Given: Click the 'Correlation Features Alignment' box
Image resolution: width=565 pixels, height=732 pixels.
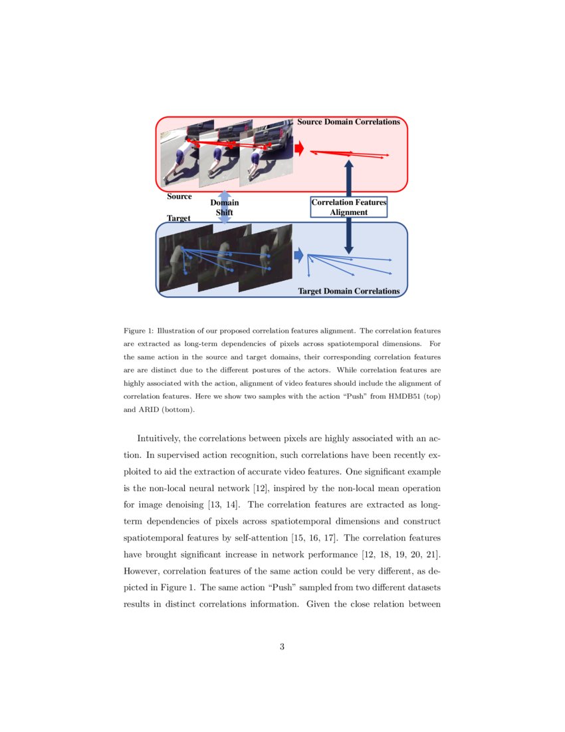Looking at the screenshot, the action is tap(349, 207).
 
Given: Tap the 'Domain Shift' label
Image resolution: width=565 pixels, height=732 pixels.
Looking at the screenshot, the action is tap(225, 207).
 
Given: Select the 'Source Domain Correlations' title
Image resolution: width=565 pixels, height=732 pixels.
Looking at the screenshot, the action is tap(348, 122).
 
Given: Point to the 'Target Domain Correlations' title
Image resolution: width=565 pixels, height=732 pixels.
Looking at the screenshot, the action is tap(349, 291).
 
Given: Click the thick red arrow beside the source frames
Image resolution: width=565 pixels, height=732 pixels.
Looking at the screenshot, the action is tap(299, 148).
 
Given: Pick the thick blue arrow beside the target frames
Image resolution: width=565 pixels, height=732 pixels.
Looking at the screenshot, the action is tap(299, 255).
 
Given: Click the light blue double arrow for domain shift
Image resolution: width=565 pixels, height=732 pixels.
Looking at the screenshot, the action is tap(225, 206).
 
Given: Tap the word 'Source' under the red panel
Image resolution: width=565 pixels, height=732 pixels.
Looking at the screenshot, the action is tap(179, 196).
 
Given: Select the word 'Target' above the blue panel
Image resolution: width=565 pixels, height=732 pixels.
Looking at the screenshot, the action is tap(179, 218).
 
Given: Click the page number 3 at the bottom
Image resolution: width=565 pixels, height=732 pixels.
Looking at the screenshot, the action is tap(282, 646).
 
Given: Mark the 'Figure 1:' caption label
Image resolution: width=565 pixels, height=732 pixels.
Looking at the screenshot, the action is tap(139, 330).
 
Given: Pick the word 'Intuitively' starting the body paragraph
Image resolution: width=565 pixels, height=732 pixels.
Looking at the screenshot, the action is tap(158, 439).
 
